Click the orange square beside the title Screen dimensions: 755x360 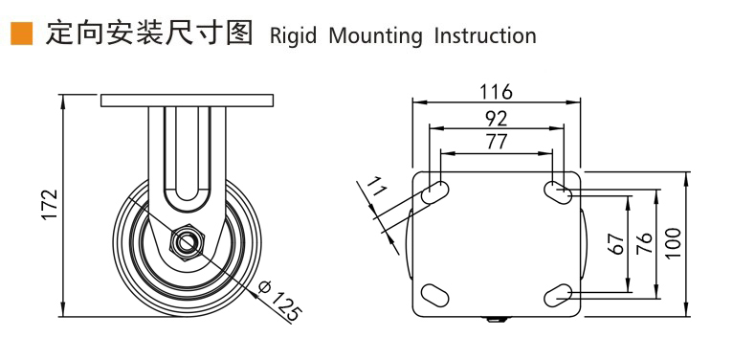click(x=22, y=34)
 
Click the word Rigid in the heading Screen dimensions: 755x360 click(x=293, y=35)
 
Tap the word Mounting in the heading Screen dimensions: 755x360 click(x=374, y=35)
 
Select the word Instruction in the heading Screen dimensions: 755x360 click(x=484, y=35)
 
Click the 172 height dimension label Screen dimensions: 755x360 click(x=50, y=205)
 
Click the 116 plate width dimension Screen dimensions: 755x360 click(x=496, y=92)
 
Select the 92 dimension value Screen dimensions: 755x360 click(x=496, y=118)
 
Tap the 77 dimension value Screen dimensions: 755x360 click(x=496, y=142)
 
